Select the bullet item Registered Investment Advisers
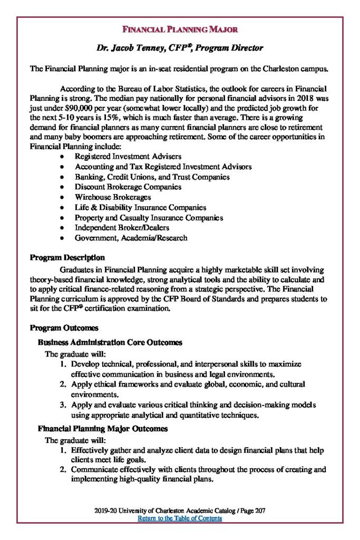tap(128, 157)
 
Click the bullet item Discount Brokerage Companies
tap(128, 187)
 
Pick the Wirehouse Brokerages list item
tap(113, 197)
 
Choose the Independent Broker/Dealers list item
tap(122, 228)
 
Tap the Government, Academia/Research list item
tap(131, 238)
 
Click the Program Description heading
tap(67, 258)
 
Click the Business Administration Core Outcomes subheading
tap(110, 343)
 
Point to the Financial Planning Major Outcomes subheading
tap(103, 429)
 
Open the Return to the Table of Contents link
tap(180, 518)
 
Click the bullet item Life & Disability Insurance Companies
tap(140, 208)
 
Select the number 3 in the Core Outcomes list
tap(62, 405)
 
